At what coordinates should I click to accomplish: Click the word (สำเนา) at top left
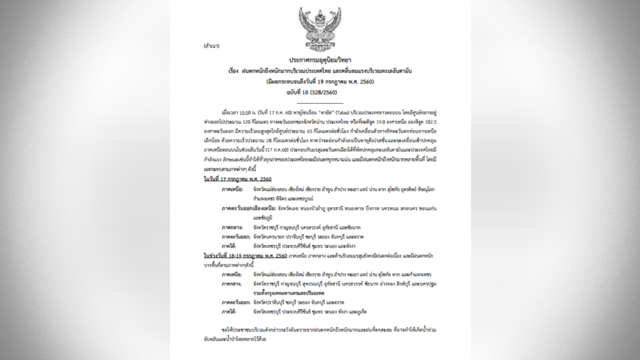[x=211, y=45]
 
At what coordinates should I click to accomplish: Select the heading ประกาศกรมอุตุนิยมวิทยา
[x=320, y=60]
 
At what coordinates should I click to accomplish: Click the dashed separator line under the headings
[x=320, y=102]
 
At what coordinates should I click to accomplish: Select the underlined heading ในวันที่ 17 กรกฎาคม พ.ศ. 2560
[x=237, y=178]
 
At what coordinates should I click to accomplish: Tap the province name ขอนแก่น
[x=427, y=208]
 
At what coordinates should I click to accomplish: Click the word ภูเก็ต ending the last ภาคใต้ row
[x=360, y=311]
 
